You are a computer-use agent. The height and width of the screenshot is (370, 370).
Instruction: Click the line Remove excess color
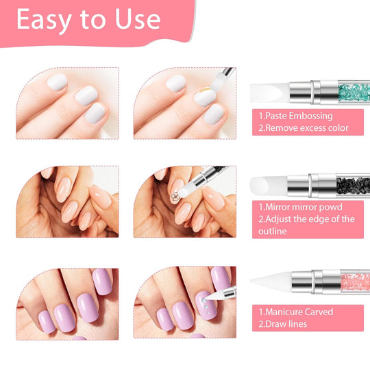(304, 127)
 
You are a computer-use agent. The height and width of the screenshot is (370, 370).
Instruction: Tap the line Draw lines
(282, 323)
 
